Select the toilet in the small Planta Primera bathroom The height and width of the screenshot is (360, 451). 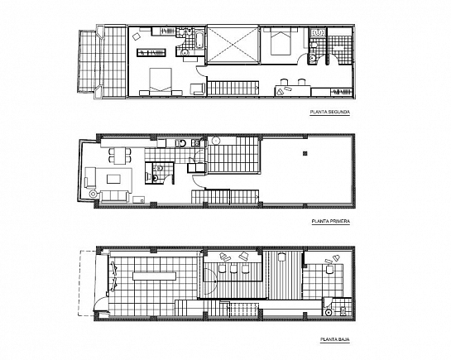click(157, 175)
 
